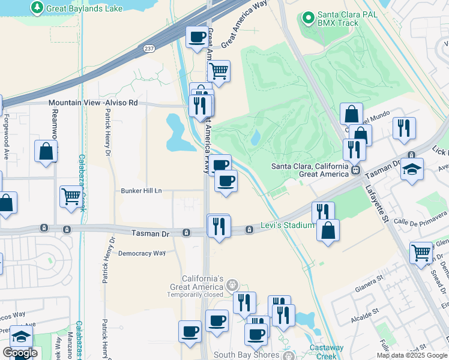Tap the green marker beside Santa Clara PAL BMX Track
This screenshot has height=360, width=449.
[x=309, y=19]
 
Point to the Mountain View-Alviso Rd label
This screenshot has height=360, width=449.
[x=93, y=103]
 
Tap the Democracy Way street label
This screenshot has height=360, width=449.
[x=142, y=253]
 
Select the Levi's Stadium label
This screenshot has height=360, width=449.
[x=288, y=225]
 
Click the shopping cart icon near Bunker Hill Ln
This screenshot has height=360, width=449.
[x=71, y=196]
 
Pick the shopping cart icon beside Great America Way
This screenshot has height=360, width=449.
[x=218, y=71]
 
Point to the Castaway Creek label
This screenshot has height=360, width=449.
[x=327, y=352]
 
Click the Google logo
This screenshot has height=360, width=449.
[x=20, y=352]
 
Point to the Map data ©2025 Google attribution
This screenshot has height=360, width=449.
[x=412, y=355]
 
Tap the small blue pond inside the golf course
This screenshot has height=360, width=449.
[x=256, y=138]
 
